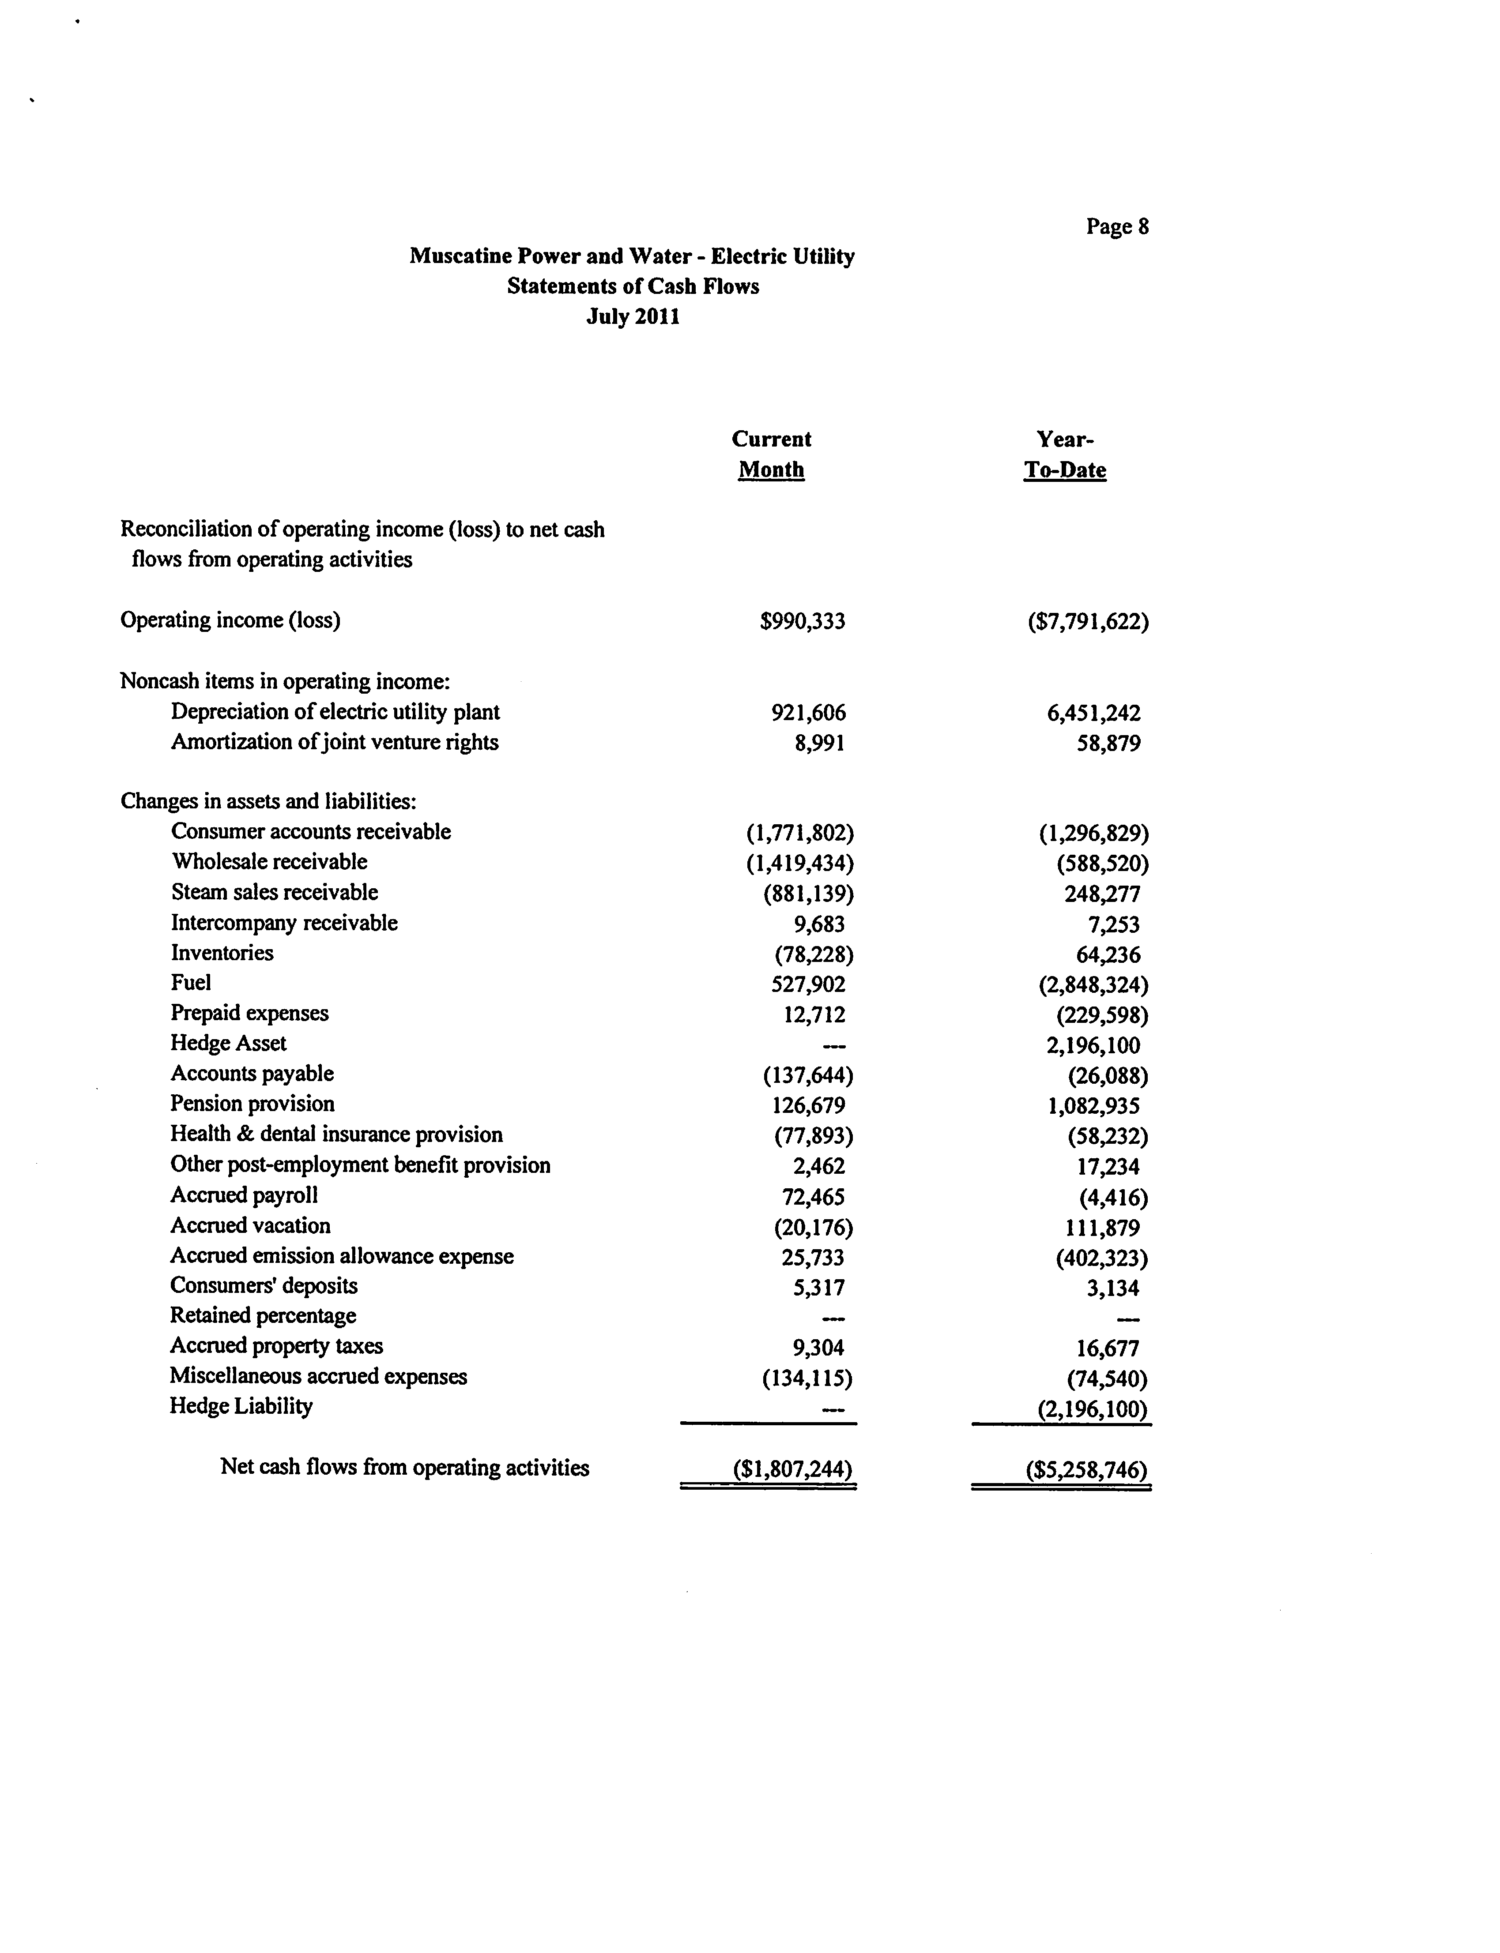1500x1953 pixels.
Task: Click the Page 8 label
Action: pyautogui.click(x=1117, y=227)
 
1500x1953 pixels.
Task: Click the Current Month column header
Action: pyautogui.click(x=772, y=454)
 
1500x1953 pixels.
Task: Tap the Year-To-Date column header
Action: pyautogui.click(x=1065, y=454)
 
